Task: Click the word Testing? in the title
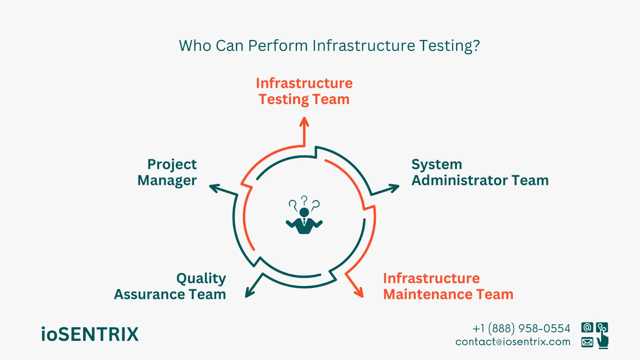coord(449,46)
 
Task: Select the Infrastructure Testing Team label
coord(304,91)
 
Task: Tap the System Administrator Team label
coord(480,172)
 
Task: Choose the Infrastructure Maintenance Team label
coord(448,286)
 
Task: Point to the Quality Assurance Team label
coord(170,286)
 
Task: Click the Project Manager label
coord(168,172)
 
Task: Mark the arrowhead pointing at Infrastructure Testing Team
coord(304,122)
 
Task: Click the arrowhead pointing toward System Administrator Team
coord(394,188)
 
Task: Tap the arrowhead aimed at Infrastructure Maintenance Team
coord(359,293)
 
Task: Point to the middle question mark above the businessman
coord(304,200)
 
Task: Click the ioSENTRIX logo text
coord(90,334)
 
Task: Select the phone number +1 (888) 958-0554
coord(521,329)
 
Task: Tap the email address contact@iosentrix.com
coord(513,342)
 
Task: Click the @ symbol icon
coord(587,328)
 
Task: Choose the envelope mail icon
coord(587,342)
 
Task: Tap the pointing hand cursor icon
coord(602,340)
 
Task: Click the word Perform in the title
coord(278,46)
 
